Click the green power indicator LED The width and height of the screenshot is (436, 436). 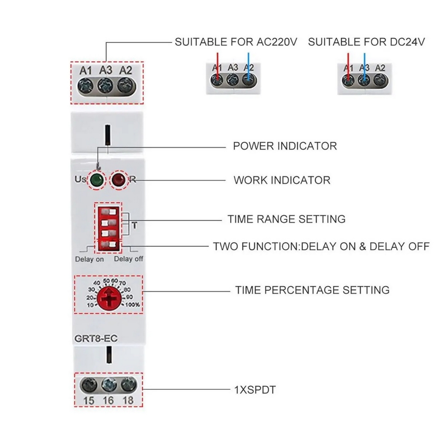click(x=96, y=180)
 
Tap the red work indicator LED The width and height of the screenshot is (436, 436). click(x=118, y=180)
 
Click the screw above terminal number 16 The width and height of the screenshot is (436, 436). click(x=108, y=385)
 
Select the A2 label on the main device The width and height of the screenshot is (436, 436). click(x=126, y=70)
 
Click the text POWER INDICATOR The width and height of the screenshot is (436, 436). click(x=285, y=146)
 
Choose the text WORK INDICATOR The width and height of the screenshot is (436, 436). click(x=282, y=180)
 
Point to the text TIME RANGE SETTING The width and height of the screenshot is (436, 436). click(x=286, y=219)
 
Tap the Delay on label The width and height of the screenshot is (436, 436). click(x=89, y=259)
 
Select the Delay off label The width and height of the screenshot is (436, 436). click(x=129, y=259)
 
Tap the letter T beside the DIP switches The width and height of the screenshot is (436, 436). click(x=134, y=225)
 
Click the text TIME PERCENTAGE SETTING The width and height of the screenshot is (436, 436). click(x=312, y=290)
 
